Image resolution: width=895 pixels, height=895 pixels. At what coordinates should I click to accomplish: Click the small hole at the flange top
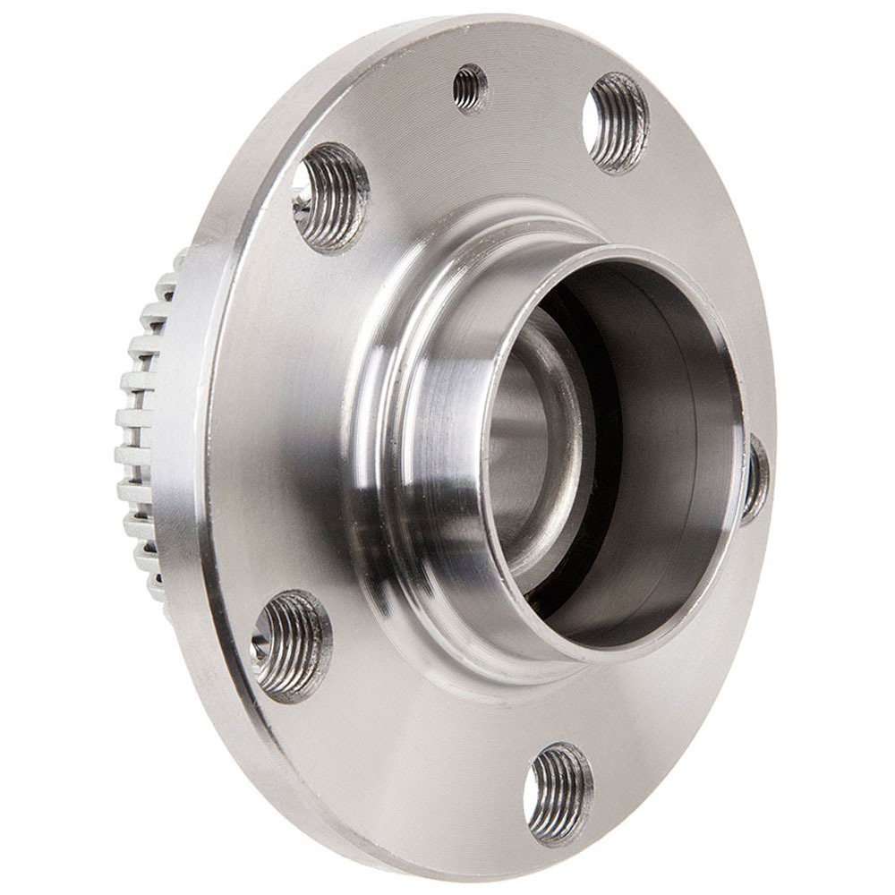pos(470,89)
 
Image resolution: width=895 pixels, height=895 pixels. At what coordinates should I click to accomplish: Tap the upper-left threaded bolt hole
pos(330,197)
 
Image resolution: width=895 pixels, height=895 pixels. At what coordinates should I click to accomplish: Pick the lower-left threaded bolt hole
pos(291,644)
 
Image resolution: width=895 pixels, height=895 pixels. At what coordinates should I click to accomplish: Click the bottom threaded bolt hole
pos(558,793)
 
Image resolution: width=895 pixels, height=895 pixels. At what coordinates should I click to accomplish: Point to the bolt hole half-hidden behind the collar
pos(754,479)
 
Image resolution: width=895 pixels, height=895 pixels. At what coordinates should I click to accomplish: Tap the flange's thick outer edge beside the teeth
pos(192,430)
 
